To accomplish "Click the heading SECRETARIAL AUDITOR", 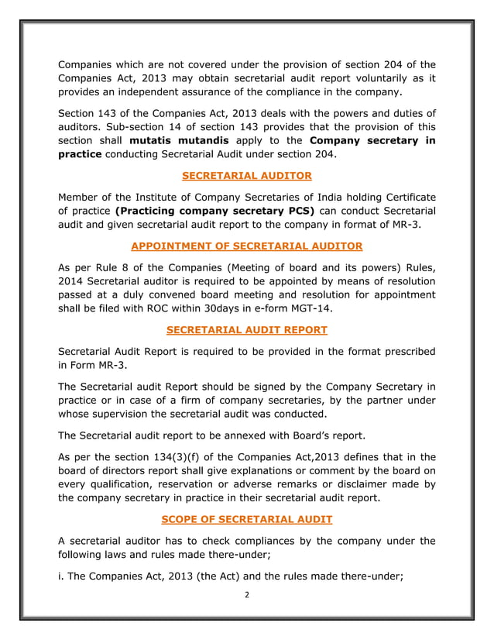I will (x=246, y=175).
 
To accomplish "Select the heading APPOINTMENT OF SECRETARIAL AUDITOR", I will (x=246, y=247).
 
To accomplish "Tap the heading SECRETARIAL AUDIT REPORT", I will (x=246, y=330).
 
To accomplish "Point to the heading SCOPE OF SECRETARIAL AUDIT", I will (x=246, y=518).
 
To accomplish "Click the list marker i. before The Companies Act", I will (x=61, y=574).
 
